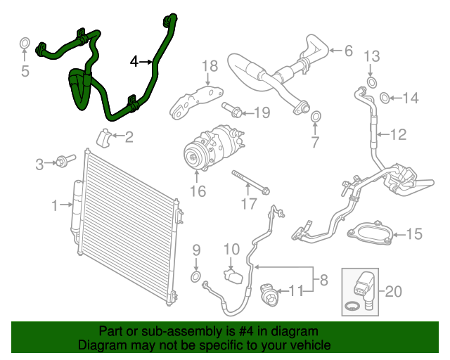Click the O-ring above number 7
[x=315, y=115]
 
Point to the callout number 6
[x=348, y=51]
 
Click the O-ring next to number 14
[x=385, y=97]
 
